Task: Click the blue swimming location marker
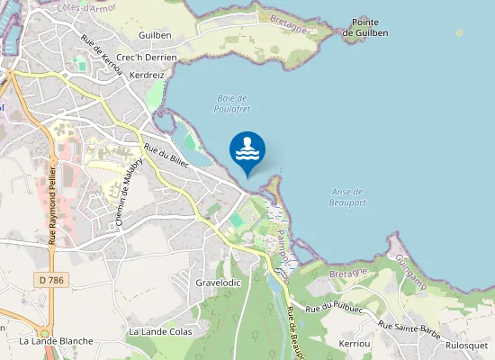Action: [x=247, y=149]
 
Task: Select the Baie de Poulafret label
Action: [x=232, y=103]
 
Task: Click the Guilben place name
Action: [x=155, y=34]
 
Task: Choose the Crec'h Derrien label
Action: [x=147, y=57]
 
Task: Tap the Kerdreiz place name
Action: [x=147, y=76]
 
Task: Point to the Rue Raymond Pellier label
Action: [x=53, y=204]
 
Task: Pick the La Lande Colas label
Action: [x=160, y=331]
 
